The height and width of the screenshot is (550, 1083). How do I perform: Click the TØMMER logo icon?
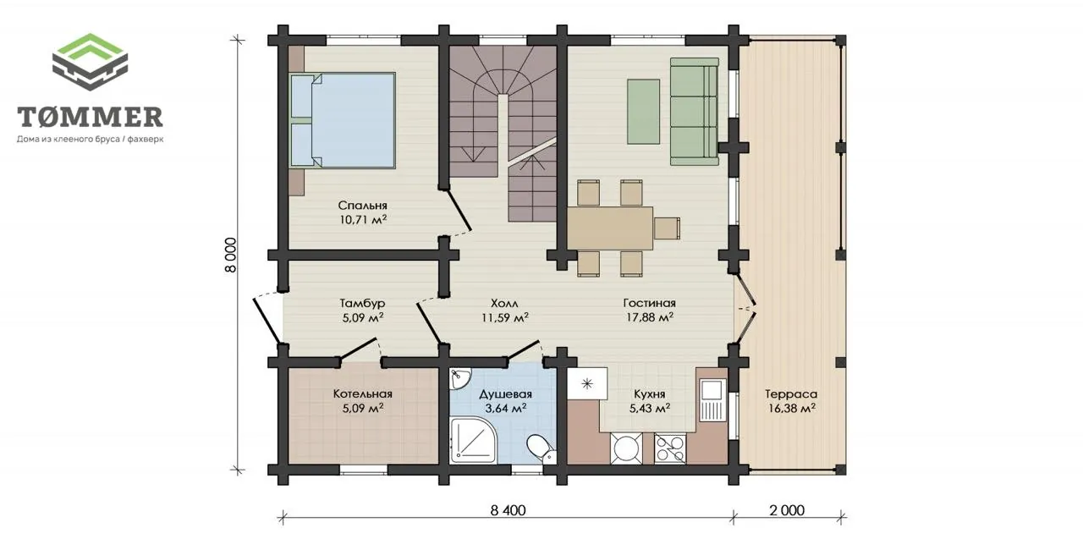coord(90,62)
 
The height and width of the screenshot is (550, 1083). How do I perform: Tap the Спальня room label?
coord(363,206)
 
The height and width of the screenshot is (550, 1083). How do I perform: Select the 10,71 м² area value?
coord(363,220)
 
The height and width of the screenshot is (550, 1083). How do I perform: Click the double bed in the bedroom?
coord(343,120)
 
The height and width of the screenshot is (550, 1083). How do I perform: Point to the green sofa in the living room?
coord(695,111)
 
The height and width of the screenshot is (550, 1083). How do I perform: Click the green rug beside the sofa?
coord(644,112)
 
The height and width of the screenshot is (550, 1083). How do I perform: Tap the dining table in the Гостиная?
coord(610,228)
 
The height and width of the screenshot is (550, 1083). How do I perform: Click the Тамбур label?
coord(363,303)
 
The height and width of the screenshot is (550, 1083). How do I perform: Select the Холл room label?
coord(504,303)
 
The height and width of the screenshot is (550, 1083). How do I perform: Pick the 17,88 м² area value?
coord(650,317)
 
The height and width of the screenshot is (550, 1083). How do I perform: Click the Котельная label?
coord(363,394)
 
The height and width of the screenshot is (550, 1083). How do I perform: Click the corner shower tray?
coord(472,440)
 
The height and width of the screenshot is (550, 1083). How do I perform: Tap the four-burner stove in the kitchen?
coord(670,448)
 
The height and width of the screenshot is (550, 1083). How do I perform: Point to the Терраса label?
coord(791,394)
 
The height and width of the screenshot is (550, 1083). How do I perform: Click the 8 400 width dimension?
coord(509,510)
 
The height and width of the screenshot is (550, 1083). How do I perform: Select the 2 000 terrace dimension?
coord(787,510)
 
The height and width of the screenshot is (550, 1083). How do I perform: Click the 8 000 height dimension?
coord(231,255)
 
